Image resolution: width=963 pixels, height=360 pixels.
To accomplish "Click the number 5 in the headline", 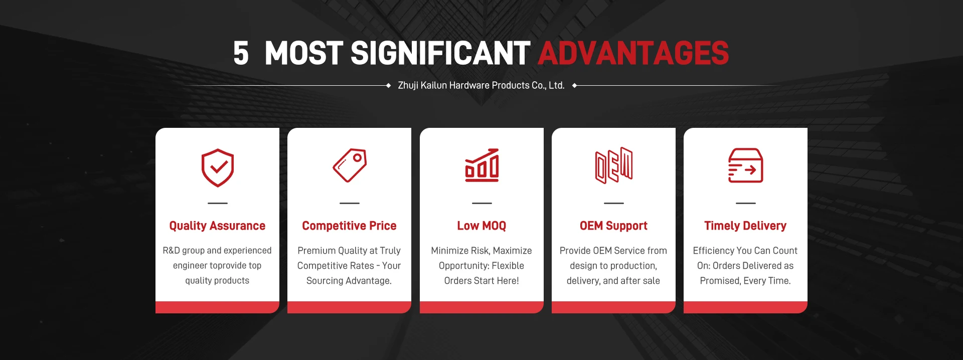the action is (x=241, y=53).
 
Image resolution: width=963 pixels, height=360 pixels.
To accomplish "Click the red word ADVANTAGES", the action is (x=633, y=53).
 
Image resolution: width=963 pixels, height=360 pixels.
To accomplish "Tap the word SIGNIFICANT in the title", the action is (x=440, y=53).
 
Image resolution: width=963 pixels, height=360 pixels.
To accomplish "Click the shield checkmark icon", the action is (x=218, y=168).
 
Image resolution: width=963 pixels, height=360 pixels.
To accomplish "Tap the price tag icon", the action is (x=350, y=165).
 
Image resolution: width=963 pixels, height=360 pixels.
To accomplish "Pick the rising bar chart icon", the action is (x=481, y=165).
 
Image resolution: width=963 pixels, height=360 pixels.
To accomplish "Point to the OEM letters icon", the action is (x=613, y=165).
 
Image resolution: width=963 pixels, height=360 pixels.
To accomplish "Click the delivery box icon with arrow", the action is (x=745, y=165).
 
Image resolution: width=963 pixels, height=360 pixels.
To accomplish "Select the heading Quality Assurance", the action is (x=217, y=226).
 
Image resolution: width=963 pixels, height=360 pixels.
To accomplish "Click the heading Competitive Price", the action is (x=349, y=226).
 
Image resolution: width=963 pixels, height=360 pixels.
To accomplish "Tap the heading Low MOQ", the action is (x=481, y=226).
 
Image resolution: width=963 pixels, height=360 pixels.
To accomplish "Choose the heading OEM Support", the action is (x=613, y=226).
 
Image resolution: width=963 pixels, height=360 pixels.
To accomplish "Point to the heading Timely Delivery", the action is (x=745, y=226).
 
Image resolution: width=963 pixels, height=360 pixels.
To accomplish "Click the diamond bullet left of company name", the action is (x=388, y=86).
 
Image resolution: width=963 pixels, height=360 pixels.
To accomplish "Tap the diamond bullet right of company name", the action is (x=574, y=86).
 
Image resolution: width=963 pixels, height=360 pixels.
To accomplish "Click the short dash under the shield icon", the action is (x=218, y=203).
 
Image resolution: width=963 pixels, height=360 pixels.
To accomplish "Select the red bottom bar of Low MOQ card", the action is (x=481, y=307).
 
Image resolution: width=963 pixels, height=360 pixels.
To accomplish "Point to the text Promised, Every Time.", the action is (x=745, y=281).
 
